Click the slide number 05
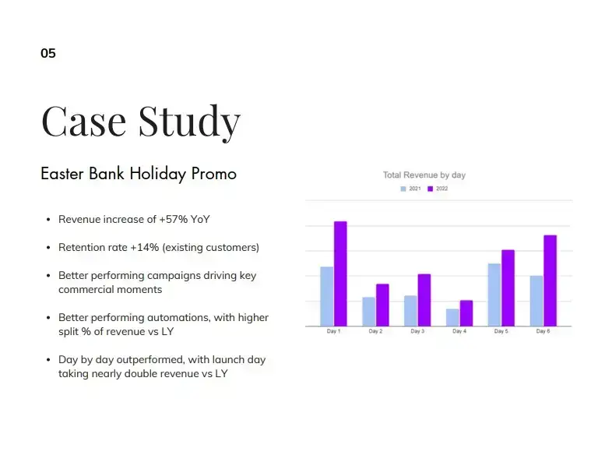[x=48, y=53]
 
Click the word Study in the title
[x=189, y=122]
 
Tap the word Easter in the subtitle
[x=62, y=174]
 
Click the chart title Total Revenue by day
[x=424, y=175]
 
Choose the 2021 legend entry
[x=410, y=189]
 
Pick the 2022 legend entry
[x=438, y=189]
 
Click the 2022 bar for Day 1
[x=340, y=274]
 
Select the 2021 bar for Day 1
[x=327, y=296]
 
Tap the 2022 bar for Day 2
[x=382, y=305]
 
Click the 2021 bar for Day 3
[x=410, y=311]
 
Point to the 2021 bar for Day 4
[x=452, y=317]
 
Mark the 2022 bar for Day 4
[x=466, y=313]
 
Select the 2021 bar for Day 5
[x=494, y=295]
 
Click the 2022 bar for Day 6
[x=550, y=281]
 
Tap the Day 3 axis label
[x=417, y=331]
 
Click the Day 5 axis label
[x=501, y=331]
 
